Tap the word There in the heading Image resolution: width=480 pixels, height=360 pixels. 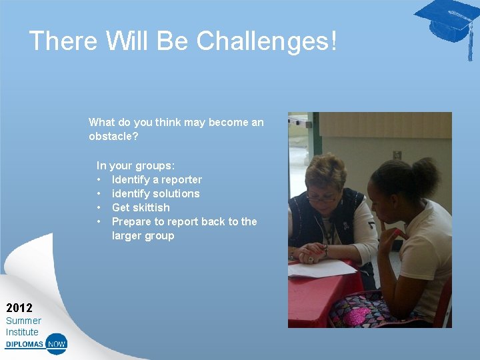pyautogui.click(x=63, y=41)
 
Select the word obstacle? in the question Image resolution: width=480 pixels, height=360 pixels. pyautogui.click(x=113, y=136)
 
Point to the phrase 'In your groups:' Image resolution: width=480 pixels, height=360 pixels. pyautogui.click(x=135, y=165)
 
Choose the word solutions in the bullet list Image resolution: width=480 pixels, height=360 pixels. pyautogui.click(x=175, y=193)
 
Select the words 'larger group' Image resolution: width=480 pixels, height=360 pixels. pyautogui.click(x=143, y=235)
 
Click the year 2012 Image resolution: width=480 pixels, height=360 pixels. pyautogui.click(x=19, y=308)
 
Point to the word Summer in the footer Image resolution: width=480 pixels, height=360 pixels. pyautogui.click(x=23, y=321)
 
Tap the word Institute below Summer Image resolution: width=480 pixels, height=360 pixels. pyautogui.click(x=22, y=332)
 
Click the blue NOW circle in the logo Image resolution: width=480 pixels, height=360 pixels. pyautogui.click(x=57, y=344)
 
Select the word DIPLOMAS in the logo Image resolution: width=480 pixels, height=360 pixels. pyautogui.click(x=25, y=345)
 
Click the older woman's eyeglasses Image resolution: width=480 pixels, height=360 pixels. pyautogui.click(x=321, y=197)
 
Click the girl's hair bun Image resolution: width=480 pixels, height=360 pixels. pyautogui.click(x=425, y=171)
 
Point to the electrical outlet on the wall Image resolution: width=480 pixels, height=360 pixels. pyautogui.click(x=397, y=155)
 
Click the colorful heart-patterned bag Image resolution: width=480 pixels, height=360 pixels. pyautogui.click(x=363, y=312)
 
